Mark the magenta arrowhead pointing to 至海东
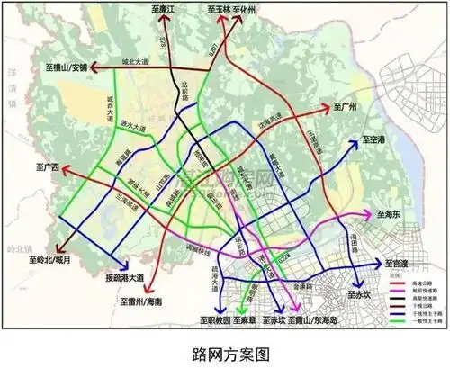click(367, 215)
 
